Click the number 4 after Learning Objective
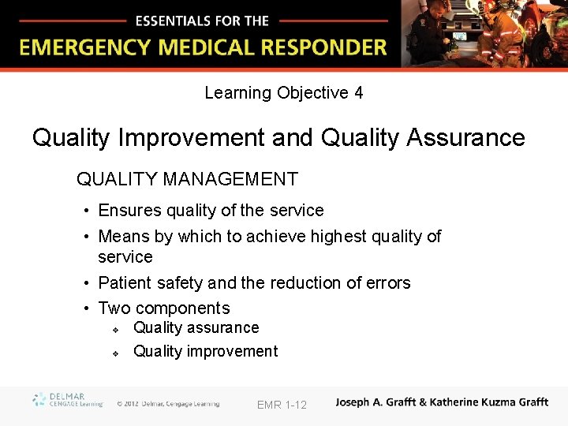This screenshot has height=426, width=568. point(359,93)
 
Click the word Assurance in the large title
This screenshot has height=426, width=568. point(465,138)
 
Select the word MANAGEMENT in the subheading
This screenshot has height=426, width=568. point(230,180)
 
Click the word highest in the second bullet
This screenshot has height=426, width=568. point(338,237)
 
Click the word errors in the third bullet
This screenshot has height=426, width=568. point(387,283)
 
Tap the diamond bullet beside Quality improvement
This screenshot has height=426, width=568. point(115,353)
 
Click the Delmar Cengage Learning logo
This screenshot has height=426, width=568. point(66,400)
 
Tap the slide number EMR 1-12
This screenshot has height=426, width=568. point(282,405)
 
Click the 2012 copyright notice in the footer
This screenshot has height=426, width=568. point(168,404)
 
